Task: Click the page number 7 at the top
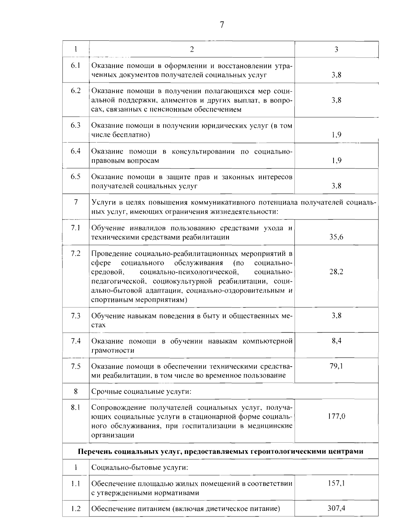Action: pos(222,25)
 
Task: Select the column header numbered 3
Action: pos(336,49)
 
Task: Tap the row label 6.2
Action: pos(76,91)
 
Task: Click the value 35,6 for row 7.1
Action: pos(336,237)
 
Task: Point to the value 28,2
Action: pos(336,272)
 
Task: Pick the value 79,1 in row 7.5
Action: pos(336,366)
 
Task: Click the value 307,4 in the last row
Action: pos(336,508)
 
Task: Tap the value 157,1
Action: pos(336,483)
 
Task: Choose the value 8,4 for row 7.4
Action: pos(336,341)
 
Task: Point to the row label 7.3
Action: pos(76,316)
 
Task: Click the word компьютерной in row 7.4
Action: pos(268,341)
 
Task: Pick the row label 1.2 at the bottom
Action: pos(76,509)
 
